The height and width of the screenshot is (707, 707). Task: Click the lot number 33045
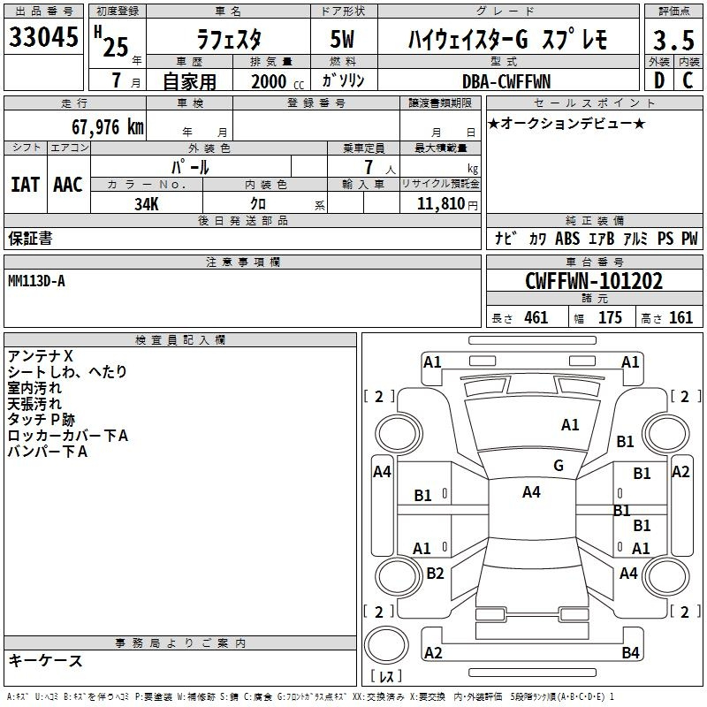[43, 37]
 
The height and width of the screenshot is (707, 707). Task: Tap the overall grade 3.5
[673, 40]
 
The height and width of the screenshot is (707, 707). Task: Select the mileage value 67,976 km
[108, 127]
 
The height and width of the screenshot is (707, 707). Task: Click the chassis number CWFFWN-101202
[594, 281]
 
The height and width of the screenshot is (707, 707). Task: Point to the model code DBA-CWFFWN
[506, 81]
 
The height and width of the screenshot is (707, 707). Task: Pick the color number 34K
[147, 204]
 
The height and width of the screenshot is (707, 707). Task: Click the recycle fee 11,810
[440, 204]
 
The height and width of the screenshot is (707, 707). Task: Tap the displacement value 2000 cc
[277, 81]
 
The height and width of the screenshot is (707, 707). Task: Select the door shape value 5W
[342, 39]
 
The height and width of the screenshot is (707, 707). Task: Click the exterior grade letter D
[658, 80]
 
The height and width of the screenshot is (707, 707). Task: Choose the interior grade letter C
[688, 80]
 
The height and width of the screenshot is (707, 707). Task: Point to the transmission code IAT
[25, 185]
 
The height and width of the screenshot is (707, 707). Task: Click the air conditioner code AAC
[68, 185]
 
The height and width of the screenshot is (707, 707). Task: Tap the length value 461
[536, 317]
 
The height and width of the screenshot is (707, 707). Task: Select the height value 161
[680, 317]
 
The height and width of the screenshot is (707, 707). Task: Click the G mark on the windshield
[559, 466]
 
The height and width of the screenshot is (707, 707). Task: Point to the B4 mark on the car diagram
[630, 652]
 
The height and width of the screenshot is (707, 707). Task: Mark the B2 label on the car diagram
[435, 573]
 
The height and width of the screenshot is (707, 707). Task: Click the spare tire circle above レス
[386, 645]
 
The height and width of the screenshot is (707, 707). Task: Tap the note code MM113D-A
[36, 281]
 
